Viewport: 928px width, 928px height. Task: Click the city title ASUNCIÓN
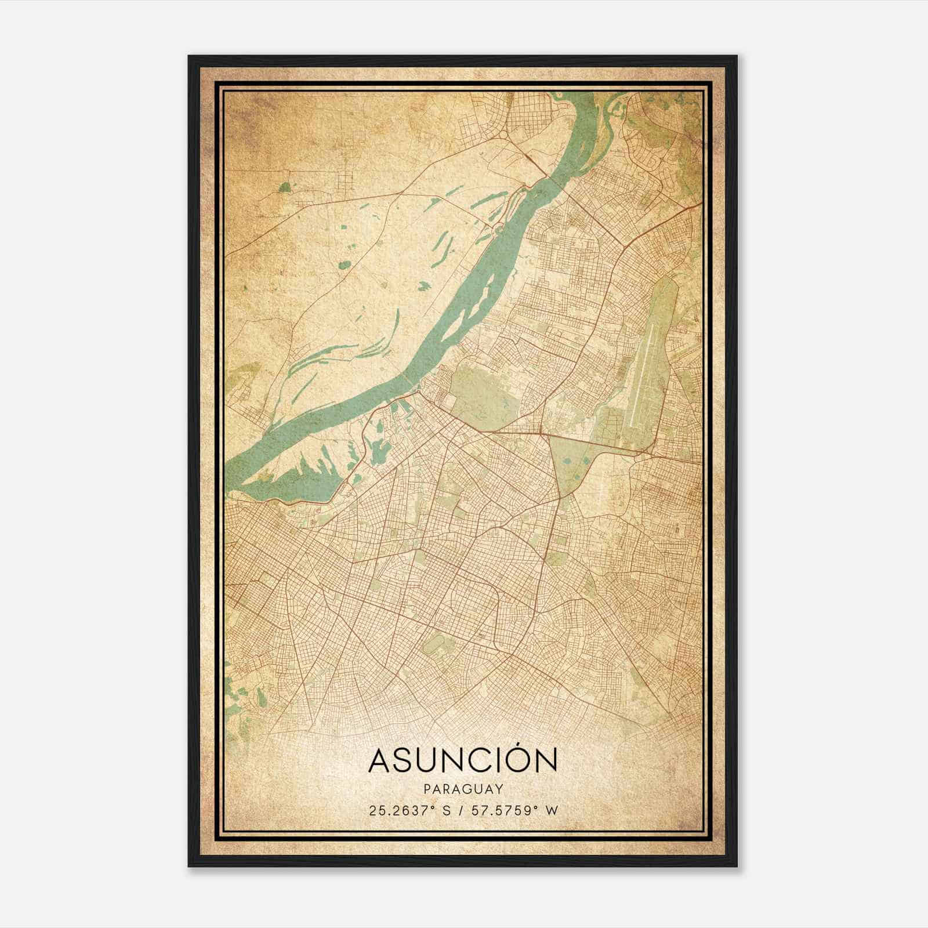(x=463, y=760)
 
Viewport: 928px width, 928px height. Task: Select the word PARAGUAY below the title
(x=463, y=789)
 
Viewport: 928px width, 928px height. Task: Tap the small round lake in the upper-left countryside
(x=345, y=265)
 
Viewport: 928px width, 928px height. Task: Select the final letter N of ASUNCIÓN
(x=546, y=760)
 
